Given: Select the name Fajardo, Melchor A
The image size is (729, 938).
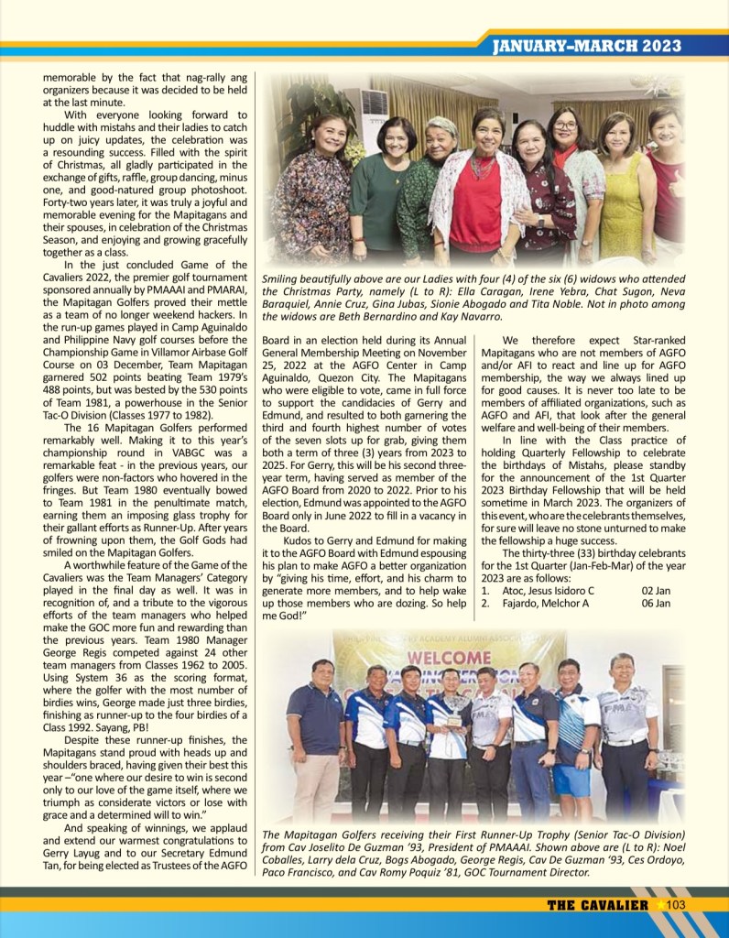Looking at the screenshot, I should [543, 603].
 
